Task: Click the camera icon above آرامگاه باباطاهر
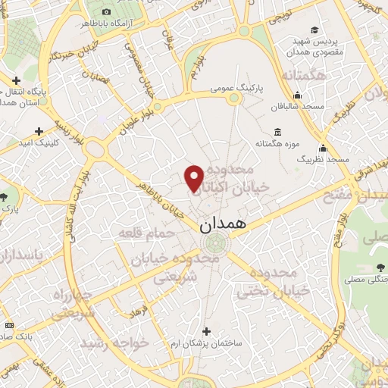coord(105,12)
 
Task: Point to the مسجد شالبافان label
coord(300,106)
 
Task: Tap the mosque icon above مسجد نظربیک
coord(323,148)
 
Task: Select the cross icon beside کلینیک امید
coord(39,131)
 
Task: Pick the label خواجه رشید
coord(117,343)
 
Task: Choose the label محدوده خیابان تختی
coord(274,282)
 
